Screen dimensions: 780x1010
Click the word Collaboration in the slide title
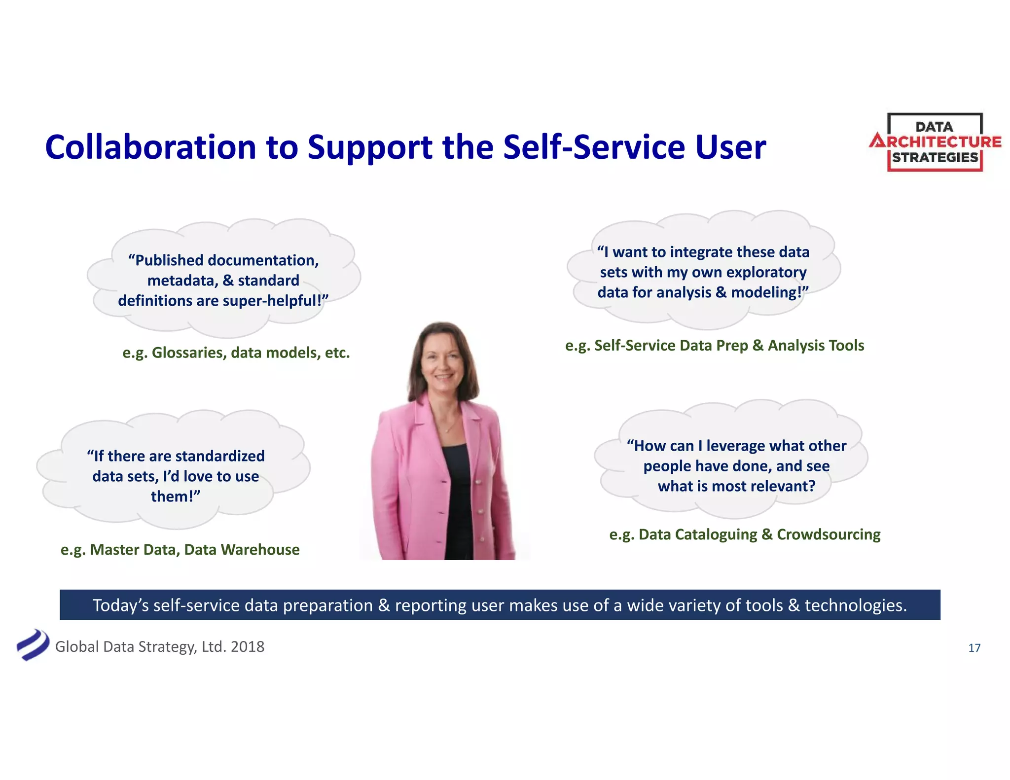pyautogui.click(x=150, y=147)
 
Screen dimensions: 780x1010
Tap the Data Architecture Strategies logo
pyautogui.click(x=935, y=142)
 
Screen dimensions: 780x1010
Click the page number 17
pyautogui.click(x=974, y=648)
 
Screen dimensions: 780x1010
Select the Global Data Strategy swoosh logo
pyautogui.click(x=32, y=645)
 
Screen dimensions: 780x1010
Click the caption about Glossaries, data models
pyautogui.click(x=236, y=353)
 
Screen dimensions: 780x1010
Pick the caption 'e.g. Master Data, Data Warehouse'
pyautogui.click(x=180, y=549)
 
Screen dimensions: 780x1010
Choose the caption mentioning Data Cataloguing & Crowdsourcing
pyautogui.click(x=745, y=534)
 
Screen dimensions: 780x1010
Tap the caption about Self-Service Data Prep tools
pyautogui.click(x=715, y=345)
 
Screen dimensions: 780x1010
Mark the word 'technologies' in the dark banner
pyautogui.click(x=855, y=605)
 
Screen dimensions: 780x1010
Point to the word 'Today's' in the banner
pyautogui.click(x=120, y=605)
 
